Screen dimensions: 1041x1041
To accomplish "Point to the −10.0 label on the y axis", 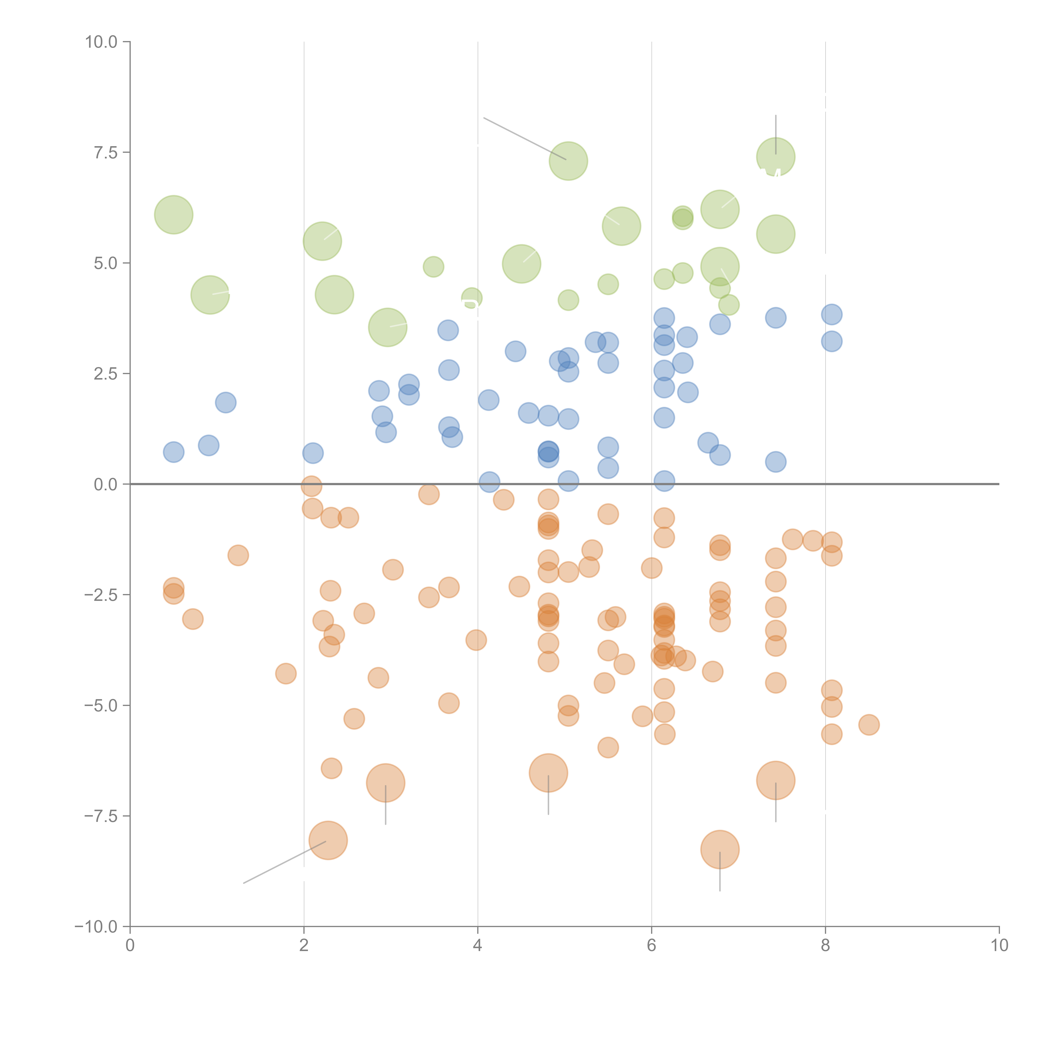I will click(x=96, y=927).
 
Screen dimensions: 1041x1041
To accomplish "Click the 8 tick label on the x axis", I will click(x=826, y=946).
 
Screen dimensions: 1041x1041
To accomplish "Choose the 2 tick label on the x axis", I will click(x=304, y=946).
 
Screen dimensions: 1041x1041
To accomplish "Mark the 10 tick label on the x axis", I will click(x=999, y=946).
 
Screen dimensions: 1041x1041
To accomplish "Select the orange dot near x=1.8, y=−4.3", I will click(x=286, y=674).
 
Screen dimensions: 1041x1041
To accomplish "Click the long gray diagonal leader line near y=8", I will click(x=524, y=138).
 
